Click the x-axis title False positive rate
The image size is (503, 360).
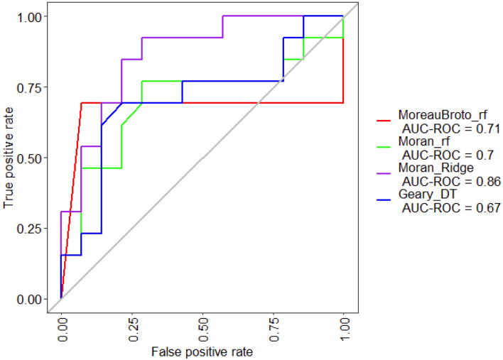coord(202,351)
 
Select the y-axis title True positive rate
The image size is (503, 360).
coord(9,158)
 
